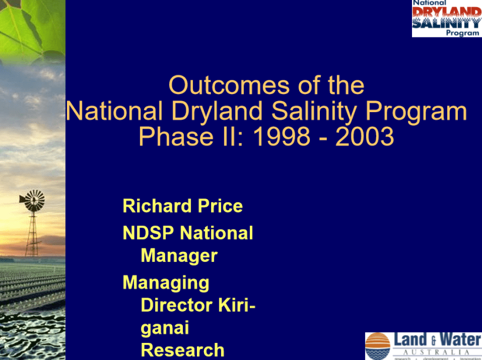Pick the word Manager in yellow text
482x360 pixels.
179,256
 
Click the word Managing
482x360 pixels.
166,283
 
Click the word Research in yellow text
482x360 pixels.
182,350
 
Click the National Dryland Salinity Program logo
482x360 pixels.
446,18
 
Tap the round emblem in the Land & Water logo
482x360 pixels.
378,346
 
